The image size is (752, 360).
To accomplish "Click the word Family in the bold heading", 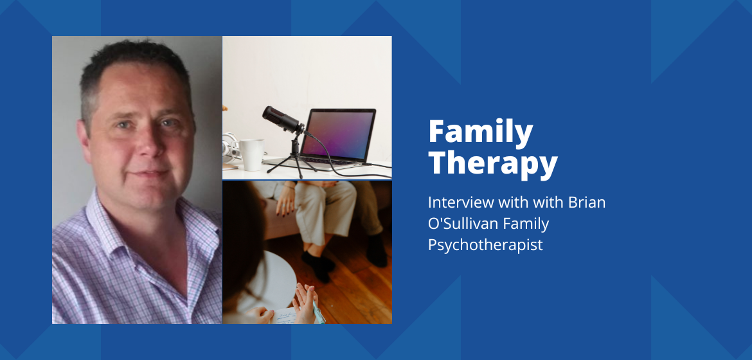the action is (481, 132).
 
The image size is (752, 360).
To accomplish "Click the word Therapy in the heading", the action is (493, 164).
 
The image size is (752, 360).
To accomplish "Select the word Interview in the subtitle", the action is (461, 202).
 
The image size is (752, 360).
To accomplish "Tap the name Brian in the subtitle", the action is (587, 202).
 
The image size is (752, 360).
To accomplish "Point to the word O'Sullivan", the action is (463, 223).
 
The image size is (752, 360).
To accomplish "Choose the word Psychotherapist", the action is (485, 245).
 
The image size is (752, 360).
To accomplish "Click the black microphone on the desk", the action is (283, 120).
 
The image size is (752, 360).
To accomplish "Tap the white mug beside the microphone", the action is (251, 154).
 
